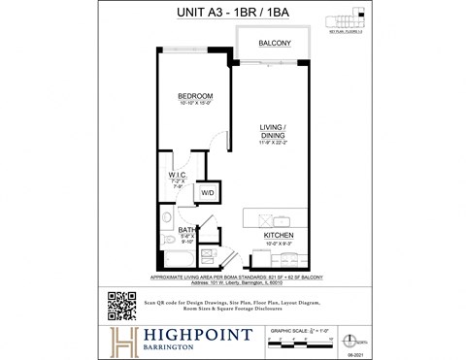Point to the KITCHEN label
tap(279, 235)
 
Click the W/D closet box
tap(208, 193)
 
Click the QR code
tap(120, 306)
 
